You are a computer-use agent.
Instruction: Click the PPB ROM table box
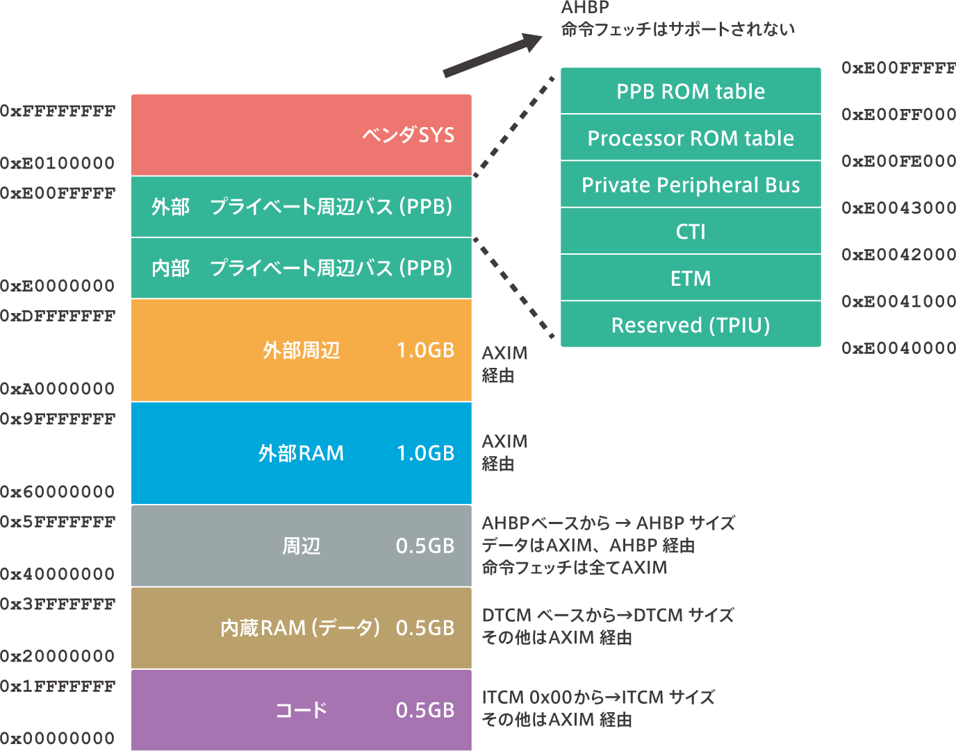pyautogui.click(x=691, y=90)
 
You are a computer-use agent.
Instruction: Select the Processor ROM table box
pyautogui.click(x=691, y=137)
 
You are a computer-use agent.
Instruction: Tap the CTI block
pyautogui.click(x=691, y=231)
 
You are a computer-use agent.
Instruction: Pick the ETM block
pyautogui.click(x=691, y=278)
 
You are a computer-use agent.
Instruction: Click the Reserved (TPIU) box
pyautogui.click(x=691, y=324)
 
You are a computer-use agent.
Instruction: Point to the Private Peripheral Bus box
pyautogui.click(x=691, y=184)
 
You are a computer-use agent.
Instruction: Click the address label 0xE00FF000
pyautogui.click(x=898, y=115)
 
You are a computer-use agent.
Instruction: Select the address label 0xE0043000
pyautogui.click(x=898, y=208)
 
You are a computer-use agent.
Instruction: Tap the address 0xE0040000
pyautogui.click(x=898, y=348)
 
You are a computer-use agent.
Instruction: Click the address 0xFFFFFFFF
pyautogui.click(x=58, y=111)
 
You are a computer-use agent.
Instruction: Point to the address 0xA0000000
pyautogui.click(x=58, y=389)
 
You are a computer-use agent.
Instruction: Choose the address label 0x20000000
pyautogui.click(x=58, y=656)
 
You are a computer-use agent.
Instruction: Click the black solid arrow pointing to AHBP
pyautogui.click(x=493, y=56)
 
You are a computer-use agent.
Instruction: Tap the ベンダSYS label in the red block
pyautogui.click(x=409, y=135)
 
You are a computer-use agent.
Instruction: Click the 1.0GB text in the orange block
pyautogui.click(x=426, y=351)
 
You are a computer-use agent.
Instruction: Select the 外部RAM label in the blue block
pyautogui.click(x=302, y=453)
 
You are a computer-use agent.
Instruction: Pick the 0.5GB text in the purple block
pyautogui.click(x=426, y=710)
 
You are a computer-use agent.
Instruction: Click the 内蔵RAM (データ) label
pyautogui.click(x=300, y=628)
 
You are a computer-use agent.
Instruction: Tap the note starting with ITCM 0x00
pyautogui.click(x=598, y=708)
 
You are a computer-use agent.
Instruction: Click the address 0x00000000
pyautogui.click(x=58, y=738)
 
